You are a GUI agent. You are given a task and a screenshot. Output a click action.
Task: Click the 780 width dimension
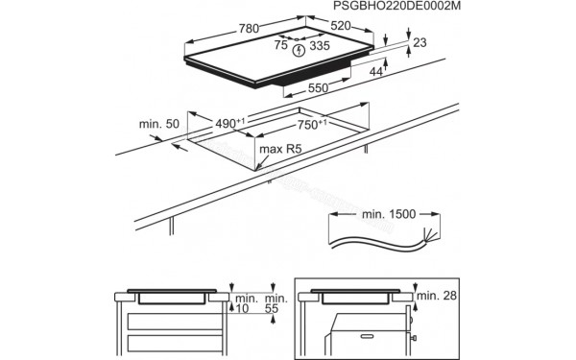tap(248, 29)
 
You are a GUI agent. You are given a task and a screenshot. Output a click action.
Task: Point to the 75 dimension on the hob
tap(281, 43)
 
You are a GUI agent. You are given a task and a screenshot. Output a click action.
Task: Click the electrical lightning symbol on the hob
tap(301, 48)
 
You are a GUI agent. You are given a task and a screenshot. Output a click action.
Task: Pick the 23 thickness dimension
tap(420, 43)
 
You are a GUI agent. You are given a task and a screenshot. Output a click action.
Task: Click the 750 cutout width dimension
tap(309, 125)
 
